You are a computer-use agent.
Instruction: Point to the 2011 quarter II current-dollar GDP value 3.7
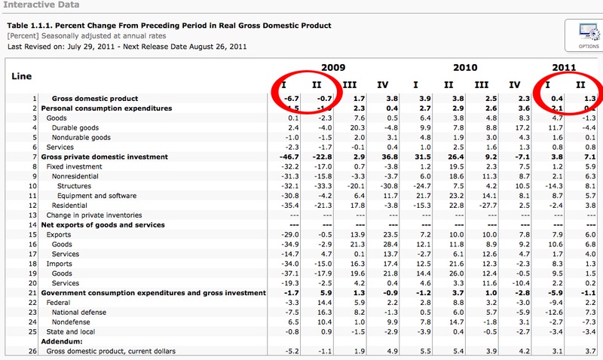pos(589,351)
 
